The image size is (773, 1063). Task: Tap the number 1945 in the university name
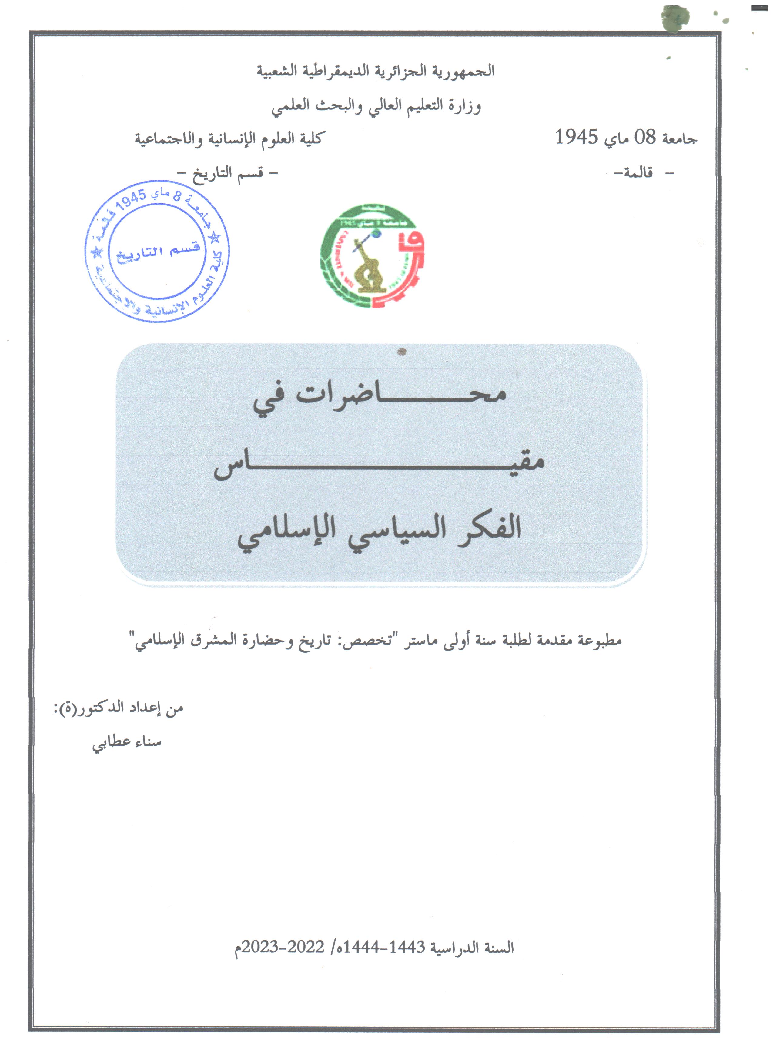[577, 137]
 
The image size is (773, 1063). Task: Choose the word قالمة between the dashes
[638, 173]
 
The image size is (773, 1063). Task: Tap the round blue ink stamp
[157, 252]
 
